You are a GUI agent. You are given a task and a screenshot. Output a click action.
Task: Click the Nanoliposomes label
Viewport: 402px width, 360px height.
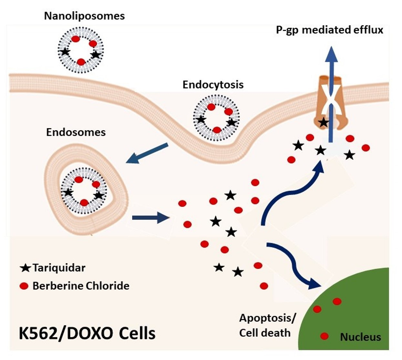84,16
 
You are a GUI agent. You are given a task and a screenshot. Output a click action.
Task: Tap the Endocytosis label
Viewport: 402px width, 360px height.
213,85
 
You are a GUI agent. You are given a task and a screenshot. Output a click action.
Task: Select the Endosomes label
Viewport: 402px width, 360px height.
76,132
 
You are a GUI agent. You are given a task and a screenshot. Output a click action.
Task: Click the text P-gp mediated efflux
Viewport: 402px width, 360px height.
329,30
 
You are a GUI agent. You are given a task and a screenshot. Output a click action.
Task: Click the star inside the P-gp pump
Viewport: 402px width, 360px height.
324,122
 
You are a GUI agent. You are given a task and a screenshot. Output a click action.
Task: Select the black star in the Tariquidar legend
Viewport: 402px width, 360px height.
25,268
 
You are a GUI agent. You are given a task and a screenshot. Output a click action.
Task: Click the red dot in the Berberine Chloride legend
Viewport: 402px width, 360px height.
24,286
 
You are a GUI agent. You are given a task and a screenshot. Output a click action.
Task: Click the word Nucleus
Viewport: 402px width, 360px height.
360,337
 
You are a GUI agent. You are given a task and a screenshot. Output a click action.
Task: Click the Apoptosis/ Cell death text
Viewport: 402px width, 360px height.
266,325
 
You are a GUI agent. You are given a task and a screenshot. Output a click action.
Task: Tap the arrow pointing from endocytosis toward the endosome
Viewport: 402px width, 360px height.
147,153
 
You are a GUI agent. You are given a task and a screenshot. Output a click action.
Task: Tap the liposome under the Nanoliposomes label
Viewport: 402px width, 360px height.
80,50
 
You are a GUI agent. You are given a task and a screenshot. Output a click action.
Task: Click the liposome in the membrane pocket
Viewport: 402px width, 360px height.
216,118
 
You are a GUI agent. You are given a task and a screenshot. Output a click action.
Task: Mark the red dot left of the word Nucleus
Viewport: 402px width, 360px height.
324,336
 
